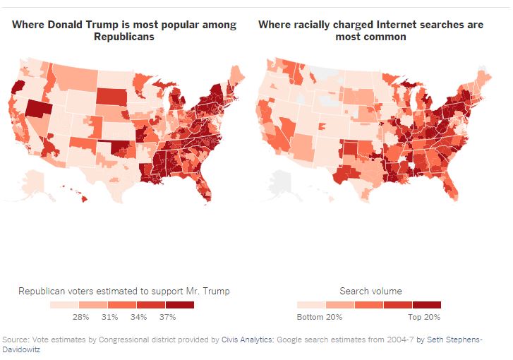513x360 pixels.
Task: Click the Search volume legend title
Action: coord(371,291)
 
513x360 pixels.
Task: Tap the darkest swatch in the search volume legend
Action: coord(426,306)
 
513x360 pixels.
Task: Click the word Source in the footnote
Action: coord(16,340)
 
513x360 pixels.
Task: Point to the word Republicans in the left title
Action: coord(123,37)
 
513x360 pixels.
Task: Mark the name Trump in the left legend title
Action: coord(215,291)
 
